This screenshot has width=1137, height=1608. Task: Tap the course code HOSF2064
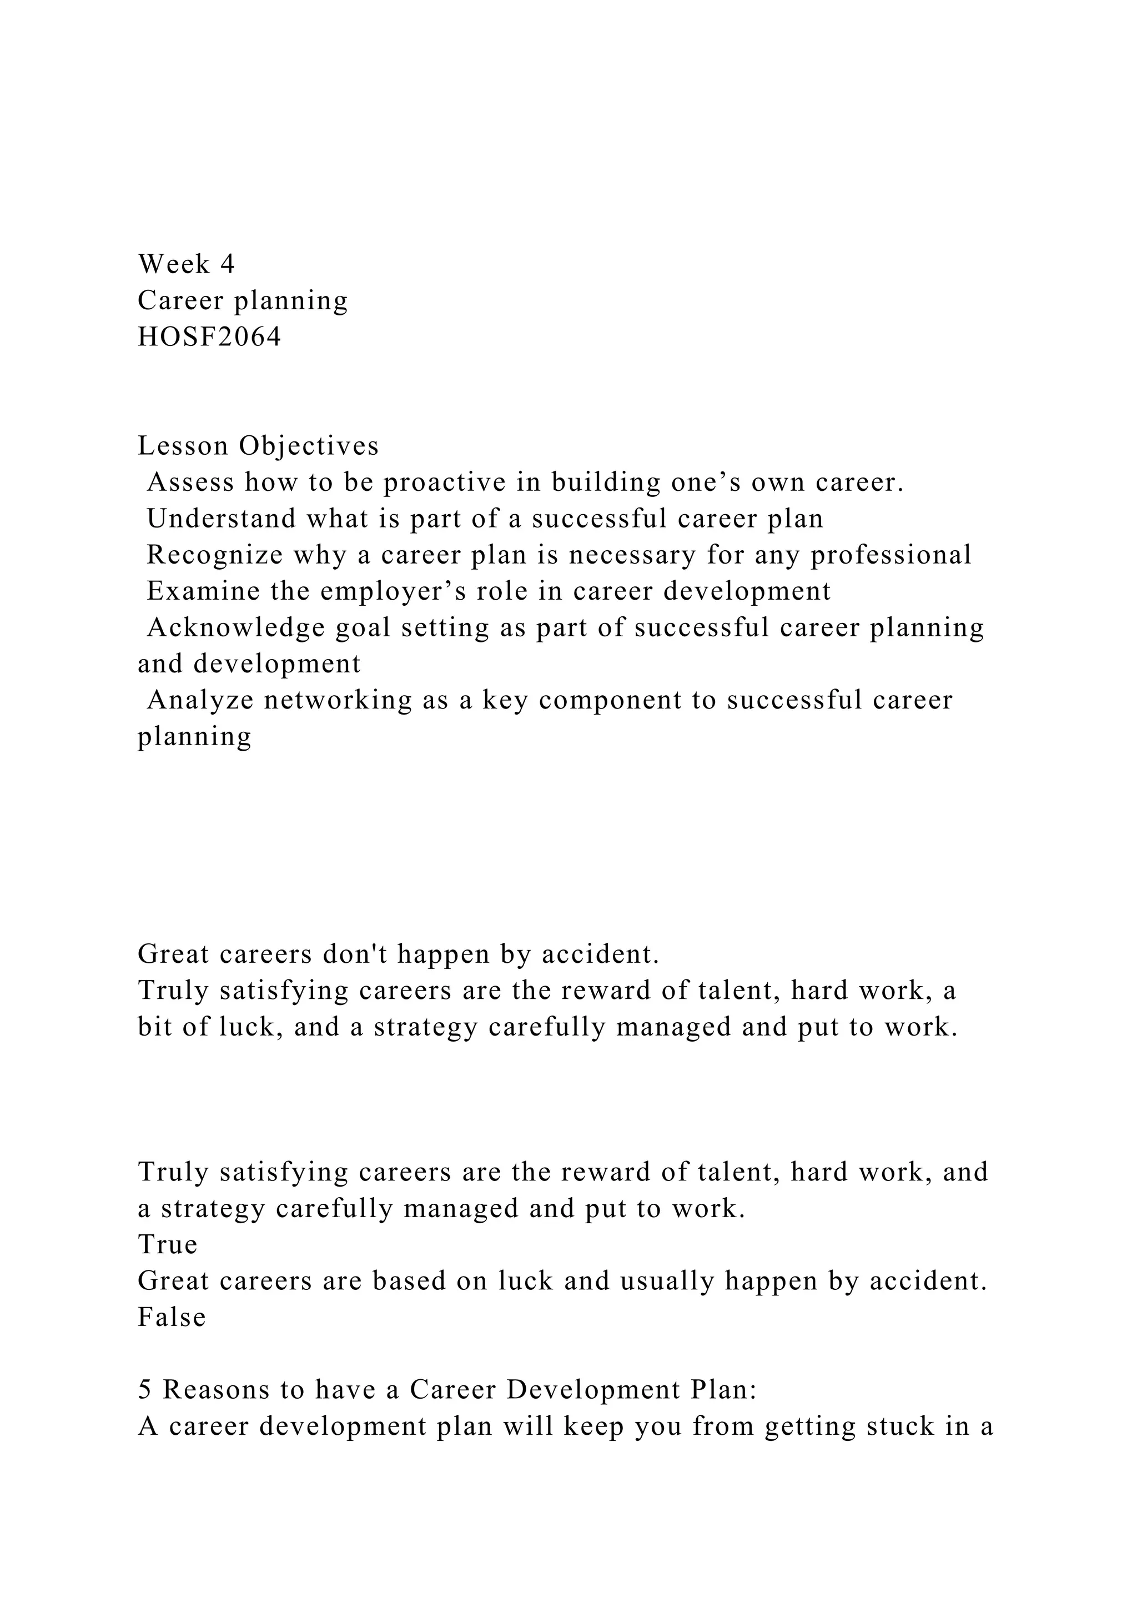tap(209, 337)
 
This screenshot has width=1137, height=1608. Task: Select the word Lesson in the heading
tap(183, 445)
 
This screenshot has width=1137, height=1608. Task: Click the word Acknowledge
tap(236, 627)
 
